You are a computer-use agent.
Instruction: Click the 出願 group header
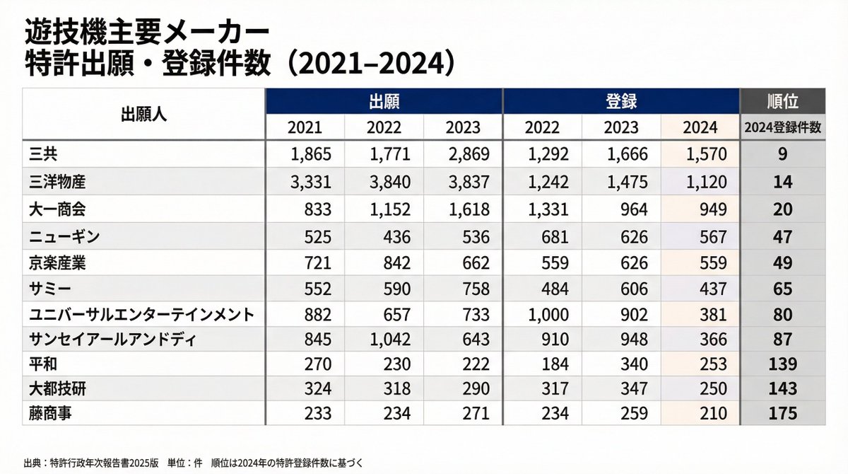pos(384,101)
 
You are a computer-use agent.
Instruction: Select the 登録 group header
pos(621,101)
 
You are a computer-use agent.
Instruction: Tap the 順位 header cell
pos(782,101)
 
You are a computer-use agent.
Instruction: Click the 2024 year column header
pos(700,128)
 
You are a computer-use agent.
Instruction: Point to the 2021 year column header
pos(305,128)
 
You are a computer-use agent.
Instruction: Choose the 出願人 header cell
pos(143,115)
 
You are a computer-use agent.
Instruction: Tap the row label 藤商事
pos(52,412)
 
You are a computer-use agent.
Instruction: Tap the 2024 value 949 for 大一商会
pos(712,209)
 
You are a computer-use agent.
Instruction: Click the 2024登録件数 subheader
pos(782,128)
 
